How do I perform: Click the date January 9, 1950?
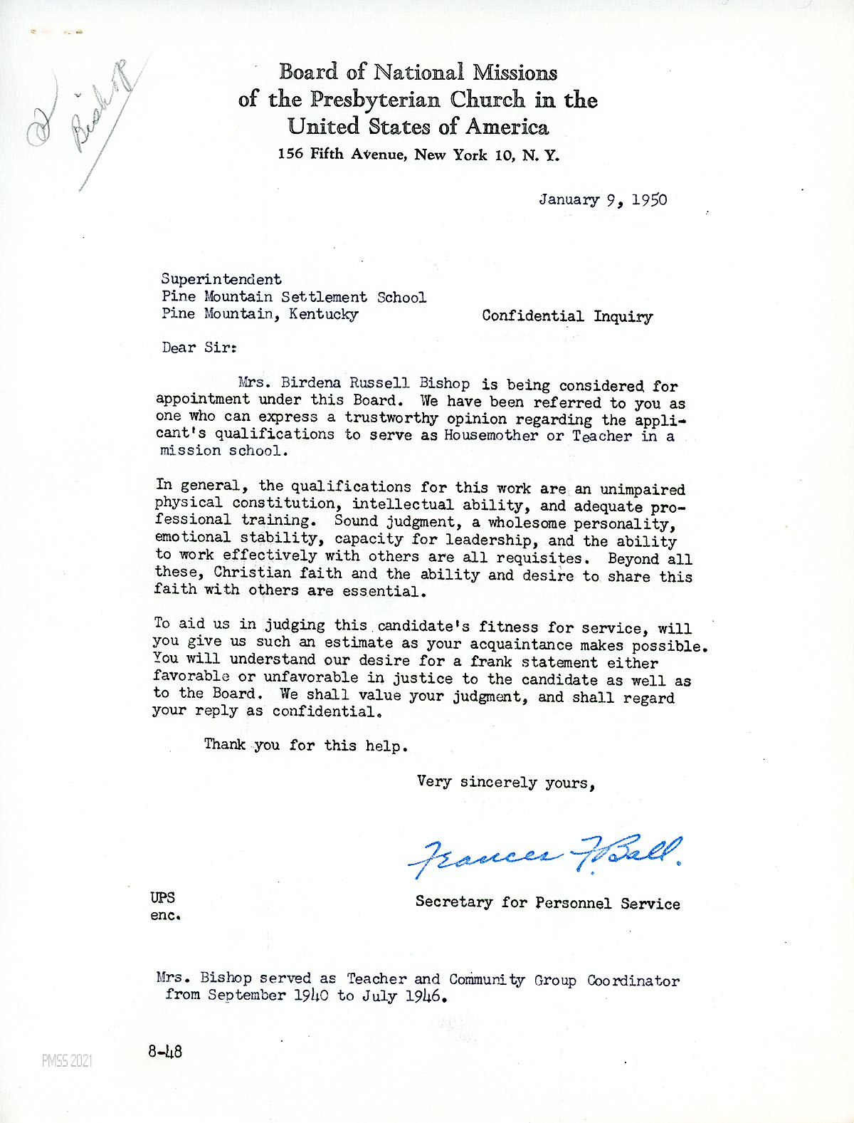(603, 199)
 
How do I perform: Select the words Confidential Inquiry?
(566, 316)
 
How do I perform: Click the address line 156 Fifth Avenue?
(418, 155)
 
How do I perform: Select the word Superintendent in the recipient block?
(221, 279)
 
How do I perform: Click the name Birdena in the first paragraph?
(313, 383)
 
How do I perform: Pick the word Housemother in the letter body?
(491, 435)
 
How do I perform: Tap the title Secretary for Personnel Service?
(547, 903)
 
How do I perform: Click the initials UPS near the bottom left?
(162, 897)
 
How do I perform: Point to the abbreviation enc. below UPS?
(165, 916)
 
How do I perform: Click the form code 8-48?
(165, 1051)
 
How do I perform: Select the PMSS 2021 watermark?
(67, 1061)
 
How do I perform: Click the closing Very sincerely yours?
(505, 782)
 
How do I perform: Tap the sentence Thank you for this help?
(306, 746)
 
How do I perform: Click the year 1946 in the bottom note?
(425, 996)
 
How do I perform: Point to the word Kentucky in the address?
(323, 314)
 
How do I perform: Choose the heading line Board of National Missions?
(418, 72)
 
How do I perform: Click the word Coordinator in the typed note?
(633, 980)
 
